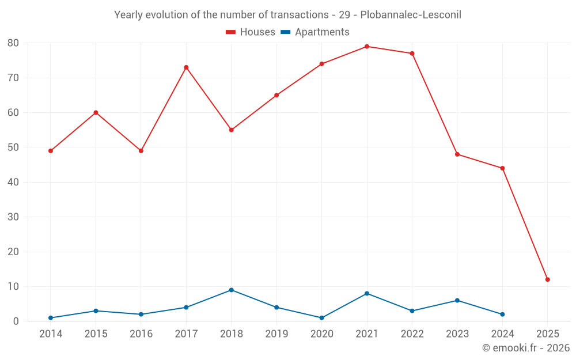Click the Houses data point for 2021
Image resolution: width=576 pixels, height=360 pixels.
pos(367,47)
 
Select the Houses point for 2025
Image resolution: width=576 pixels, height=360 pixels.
pos(548,279)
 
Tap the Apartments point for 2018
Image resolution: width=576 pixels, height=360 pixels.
pos(232,290)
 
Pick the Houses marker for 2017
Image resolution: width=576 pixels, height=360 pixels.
pos(186,67)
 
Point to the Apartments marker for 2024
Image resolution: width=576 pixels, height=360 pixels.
pos(502,314)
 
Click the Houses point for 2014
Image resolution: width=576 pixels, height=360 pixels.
pos(51,151)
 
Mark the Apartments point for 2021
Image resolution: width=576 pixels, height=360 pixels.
pos(367,294)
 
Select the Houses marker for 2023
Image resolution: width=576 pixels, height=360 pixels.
pos(457,154)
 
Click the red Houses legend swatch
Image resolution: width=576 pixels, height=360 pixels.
pos(230,32)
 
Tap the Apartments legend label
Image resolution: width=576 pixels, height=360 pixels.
pos(322,32)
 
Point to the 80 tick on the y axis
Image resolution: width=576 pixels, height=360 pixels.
pos(13,43)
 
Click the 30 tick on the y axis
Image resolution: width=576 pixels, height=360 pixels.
pos(13,217)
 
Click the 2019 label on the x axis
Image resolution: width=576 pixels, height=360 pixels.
pos(276,334)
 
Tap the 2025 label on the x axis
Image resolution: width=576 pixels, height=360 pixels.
pos(548,334)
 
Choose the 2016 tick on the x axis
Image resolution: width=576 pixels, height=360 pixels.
pos(141,334)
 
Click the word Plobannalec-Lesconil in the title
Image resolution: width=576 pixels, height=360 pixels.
pos(411,15)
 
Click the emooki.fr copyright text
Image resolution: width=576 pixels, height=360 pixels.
pos(526,348)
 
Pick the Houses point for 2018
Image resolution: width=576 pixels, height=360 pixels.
pos(232,130)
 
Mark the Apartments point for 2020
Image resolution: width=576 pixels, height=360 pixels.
pos(322,318)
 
